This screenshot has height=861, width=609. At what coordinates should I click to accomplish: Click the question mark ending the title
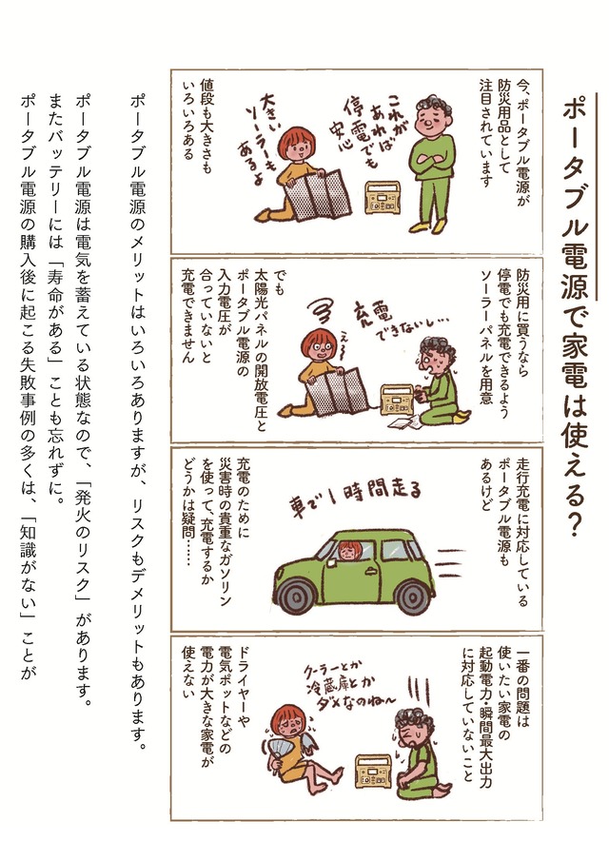pyautogui.click(x=575, y=523)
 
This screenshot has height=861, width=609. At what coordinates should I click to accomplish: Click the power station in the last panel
pyautogui.click(x=372, y=773)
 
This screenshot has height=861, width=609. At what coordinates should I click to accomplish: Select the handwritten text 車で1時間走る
pyautogui.click(x=355, y=497)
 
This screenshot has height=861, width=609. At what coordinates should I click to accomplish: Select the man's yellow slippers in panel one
pyautogui.click(x=426, y=226)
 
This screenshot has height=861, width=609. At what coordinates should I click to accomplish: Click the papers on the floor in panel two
pyautogui.click(x=403, y=422)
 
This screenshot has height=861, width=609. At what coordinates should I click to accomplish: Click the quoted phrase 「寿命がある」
pyautogui.click(x=56, y=308)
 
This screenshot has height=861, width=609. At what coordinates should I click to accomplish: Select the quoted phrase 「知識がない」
pyautogui.click(x=29, y=566)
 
